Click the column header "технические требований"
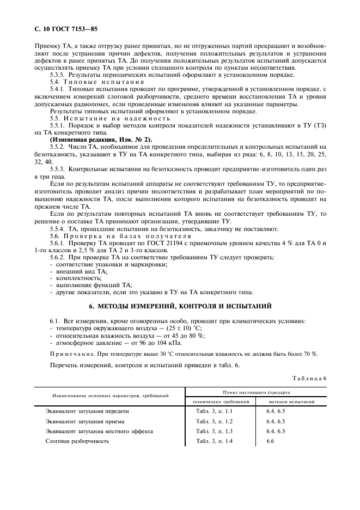point(222,401)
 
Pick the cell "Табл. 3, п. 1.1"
point(214,411)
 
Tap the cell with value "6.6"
point(270,441)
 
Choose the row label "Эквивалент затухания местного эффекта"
point(99,431)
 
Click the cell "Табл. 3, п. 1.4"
point(214,441)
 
